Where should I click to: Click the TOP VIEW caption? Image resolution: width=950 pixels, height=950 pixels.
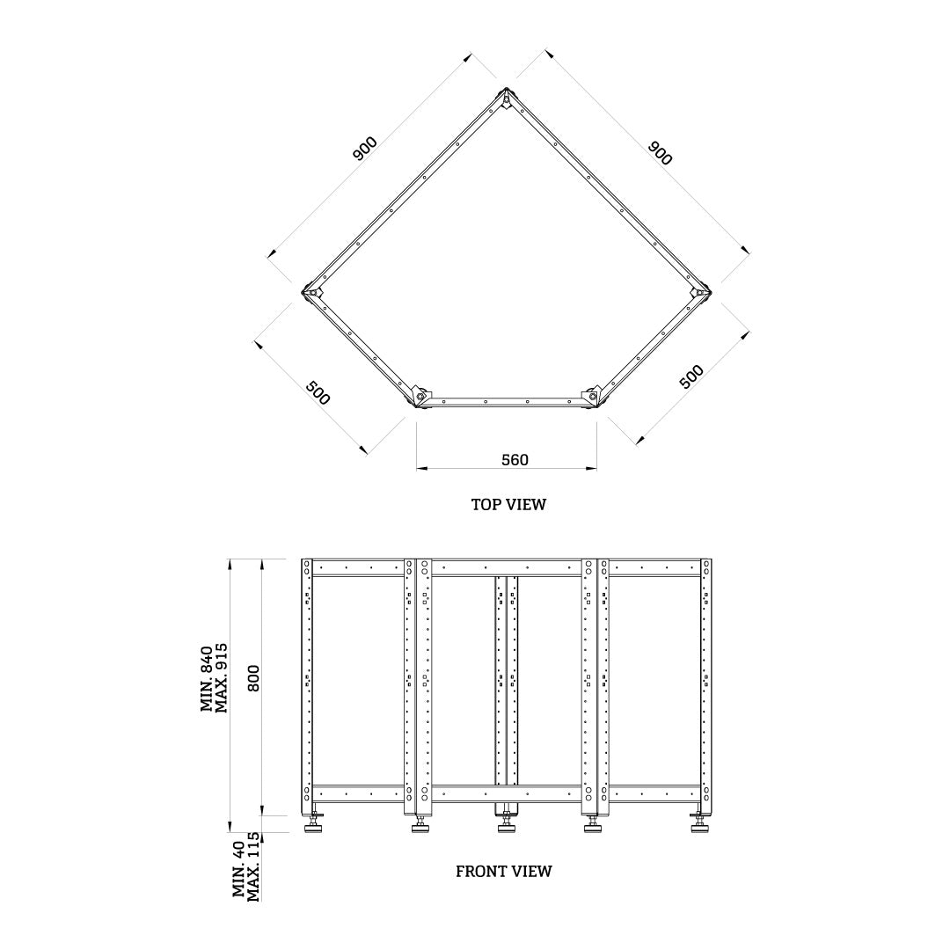(x=508, y=505)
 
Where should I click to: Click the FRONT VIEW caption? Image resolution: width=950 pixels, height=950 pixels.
(x=503, y=872)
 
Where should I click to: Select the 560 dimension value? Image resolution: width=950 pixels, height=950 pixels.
(x=515, y=460)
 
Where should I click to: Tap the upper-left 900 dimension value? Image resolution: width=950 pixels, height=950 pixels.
(x=365, y=148)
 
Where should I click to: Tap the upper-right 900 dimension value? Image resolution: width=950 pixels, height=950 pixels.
(x=660, y=152)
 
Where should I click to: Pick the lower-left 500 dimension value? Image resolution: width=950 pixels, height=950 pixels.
(x=318, y=393)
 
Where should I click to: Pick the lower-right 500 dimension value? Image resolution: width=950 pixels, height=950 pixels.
(x=692, y=376)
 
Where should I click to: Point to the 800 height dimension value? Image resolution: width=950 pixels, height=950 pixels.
(x=254, y=677)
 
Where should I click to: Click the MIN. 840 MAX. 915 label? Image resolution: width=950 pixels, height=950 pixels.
(x=214, y=677)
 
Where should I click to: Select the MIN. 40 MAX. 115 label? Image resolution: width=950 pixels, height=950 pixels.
(x=246, y=866)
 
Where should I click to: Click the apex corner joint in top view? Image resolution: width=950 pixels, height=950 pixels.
(x=508, y=97)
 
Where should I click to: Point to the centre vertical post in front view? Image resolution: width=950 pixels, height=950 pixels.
(x=507, y=682)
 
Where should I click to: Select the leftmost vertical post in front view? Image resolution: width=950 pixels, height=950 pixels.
(x=307, y=682)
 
